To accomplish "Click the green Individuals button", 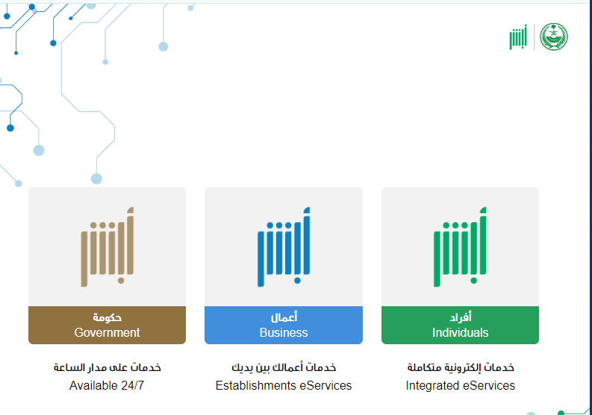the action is pos(460,325).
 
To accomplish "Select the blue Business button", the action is pos(284,325).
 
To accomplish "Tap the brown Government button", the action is pos(108,325).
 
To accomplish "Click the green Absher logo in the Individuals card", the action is pos(460,247).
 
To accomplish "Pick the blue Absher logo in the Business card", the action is pos(284,247).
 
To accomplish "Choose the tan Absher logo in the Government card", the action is pos(108,247).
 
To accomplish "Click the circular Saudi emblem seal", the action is pos(553,37).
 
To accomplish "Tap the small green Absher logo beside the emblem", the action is pos(518,37).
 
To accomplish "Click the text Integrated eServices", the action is pos(460,386).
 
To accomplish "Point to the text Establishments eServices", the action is pos(284,386).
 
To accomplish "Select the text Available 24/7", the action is pos(107,386).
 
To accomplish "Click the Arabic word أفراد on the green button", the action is pos(461,317).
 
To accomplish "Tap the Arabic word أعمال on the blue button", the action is pos(284,317).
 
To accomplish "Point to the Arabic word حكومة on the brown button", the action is pos(108,317).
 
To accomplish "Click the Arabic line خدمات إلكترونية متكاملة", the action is pos(461,367).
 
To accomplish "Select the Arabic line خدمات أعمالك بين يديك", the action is pos(284,367).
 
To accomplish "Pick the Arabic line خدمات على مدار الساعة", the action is pos(108,367).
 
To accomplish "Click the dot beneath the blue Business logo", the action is pos(298,280).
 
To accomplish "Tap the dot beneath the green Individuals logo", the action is pos(474,280).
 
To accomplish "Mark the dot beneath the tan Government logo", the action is pos(121,280).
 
